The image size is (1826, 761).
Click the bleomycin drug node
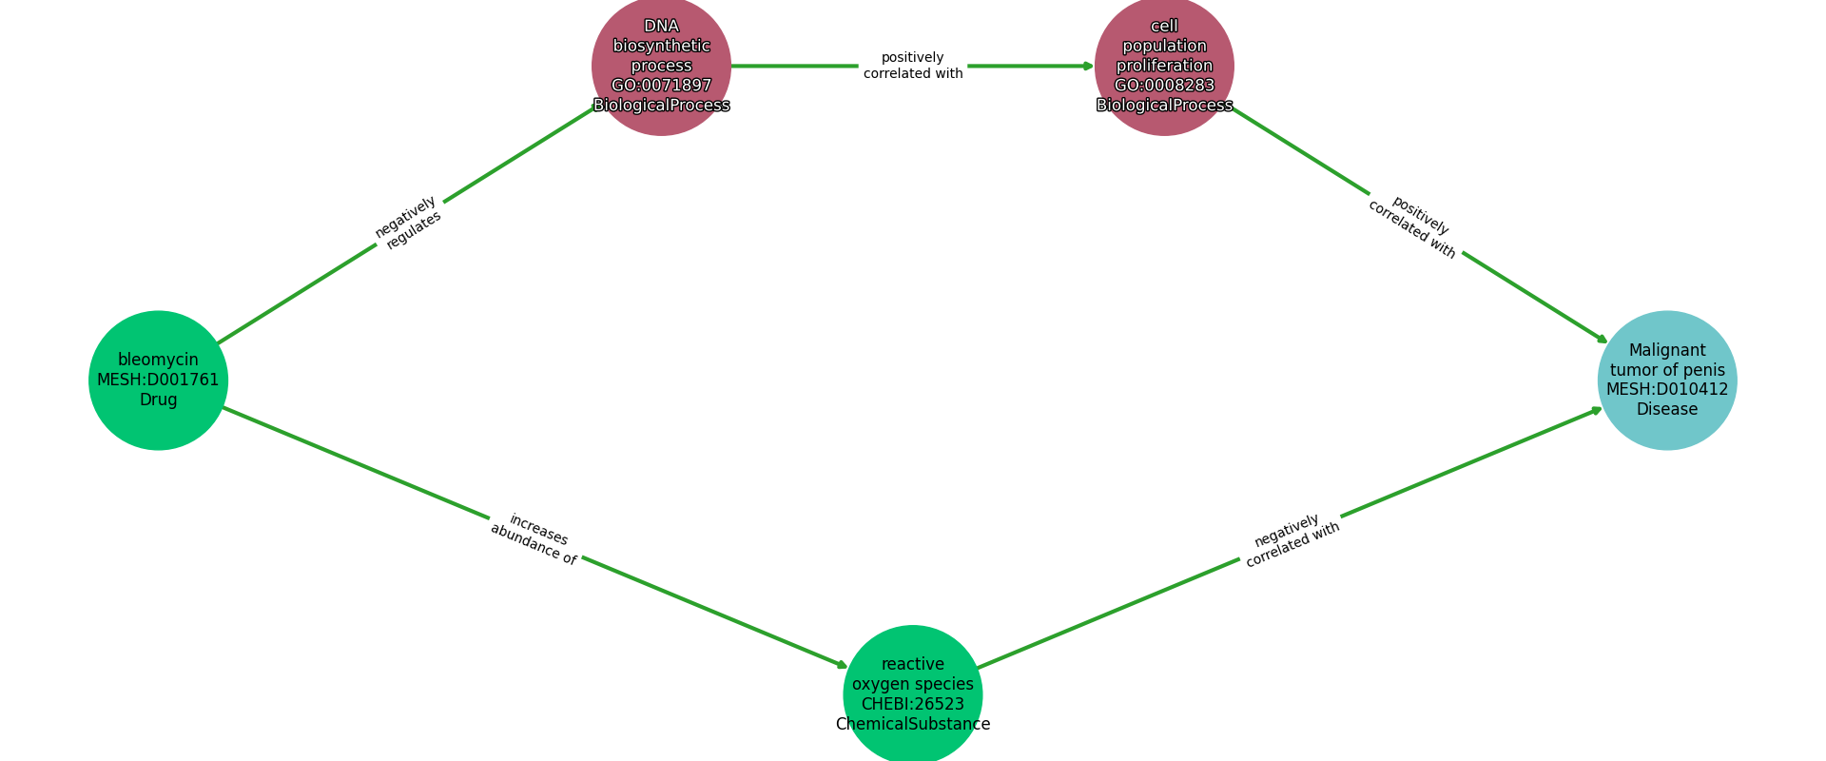(x=158, y=380)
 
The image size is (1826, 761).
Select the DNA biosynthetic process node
(x=661, y=66)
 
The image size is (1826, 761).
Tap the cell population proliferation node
(x=1164, y=66)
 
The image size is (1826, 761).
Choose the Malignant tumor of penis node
(x=1666, y=380)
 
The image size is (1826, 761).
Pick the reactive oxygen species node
(x=912, y=693)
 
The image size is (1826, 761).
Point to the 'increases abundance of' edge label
(x=535, y=538)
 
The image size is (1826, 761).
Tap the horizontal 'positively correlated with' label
(x=913, y=66)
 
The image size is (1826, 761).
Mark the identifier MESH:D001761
(x=158, y=380)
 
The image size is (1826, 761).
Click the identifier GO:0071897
(x=661, y=86)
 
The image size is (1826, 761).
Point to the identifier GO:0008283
(x=1164, y=86)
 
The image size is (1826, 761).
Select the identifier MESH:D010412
(x=1666, y=389)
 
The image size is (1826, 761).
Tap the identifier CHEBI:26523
(x=912, y=704)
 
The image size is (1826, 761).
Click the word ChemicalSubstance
(x=912, y=724)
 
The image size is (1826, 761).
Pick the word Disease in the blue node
(x=1666, y=409)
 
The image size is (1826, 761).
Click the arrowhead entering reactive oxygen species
(x=842, y=666)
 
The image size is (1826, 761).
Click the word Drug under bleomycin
(x=158, y=400)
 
